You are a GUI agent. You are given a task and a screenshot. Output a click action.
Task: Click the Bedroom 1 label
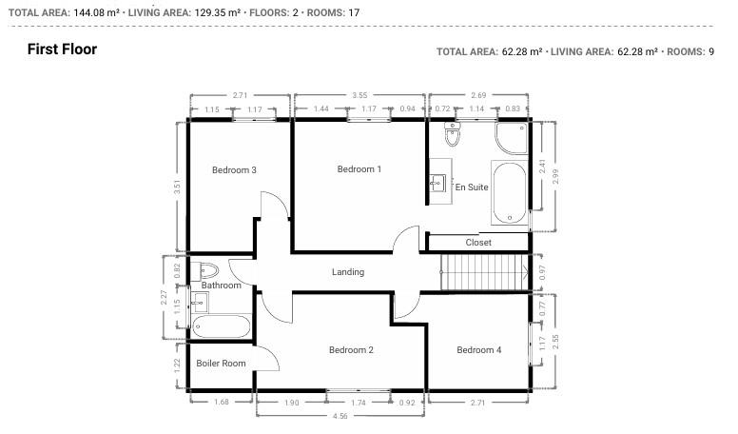coord(359,169)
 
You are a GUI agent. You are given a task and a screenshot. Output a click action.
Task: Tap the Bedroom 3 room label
coord(234,170)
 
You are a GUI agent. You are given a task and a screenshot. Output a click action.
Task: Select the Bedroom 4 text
coord(478,350)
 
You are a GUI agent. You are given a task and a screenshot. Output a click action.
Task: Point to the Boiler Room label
coord(221,364)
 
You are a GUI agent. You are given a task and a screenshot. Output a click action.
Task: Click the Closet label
coord(477,243)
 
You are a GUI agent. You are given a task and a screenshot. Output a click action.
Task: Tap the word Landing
coord(347,272)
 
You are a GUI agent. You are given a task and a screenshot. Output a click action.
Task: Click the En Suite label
coord(472,187)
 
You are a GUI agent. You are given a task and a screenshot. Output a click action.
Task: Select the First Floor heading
coord(62,49)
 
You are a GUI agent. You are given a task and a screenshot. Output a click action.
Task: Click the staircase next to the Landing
coord(484,273)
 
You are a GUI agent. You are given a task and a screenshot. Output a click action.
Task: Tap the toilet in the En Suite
coord(453,137)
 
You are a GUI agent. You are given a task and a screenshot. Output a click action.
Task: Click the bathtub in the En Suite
coord(509,194)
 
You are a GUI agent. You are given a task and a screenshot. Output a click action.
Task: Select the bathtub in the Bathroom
coord(221,326)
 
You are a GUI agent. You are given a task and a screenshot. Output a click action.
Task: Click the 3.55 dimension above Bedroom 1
coord(359,95)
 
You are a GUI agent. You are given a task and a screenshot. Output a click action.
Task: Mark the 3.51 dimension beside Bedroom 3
coord(176,187)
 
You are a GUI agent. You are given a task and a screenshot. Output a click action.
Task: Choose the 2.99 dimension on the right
coord(556,176)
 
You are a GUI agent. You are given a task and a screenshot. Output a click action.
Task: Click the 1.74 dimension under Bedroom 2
coord(358,404)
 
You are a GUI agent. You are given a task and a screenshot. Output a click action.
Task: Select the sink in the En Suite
coord(438,183)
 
